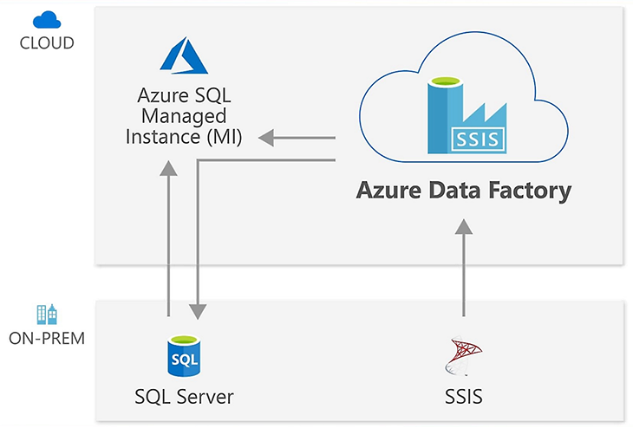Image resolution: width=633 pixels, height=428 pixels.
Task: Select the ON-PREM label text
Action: coord(46,337)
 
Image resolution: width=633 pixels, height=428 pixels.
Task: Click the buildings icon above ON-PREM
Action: coord(46,315)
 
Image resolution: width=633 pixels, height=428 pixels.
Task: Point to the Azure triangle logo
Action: coord(180,56)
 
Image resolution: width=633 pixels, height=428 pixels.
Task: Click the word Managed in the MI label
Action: coord(183,115)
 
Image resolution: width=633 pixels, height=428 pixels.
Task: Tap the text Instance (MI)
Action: coord(184,136)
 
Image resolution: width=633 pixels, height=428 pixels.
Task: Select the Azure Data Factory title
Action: coord(464,190)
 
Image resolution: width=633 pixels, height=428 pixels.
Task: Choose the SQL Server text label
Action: coord(184,397)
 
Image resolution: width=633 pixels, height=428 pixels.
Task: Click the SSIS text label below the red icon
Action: coord(464,397)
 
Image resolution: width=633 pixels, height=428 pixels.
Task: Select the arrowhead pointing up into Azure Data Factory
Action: coord(464,227)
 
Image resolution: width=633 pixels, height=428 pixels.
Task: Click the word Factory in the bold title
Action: coord(528,190)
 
